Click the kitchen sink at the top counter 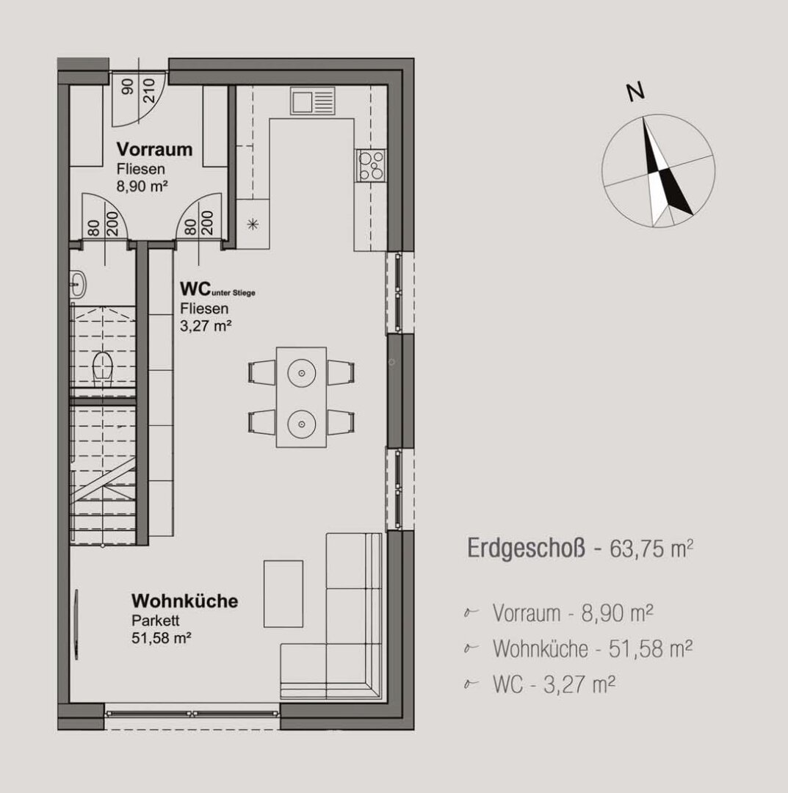(312, 100)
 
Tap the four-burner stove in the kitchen (371, 164)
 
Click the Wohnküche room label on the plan (184, 601)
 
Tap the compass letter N (635, 92)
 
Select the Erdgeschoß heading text (526, 549)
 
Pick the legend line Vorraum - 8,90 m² (574, 612)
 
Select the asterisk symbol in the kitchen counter (253, 225)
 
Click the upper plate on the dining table (301, 372)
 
